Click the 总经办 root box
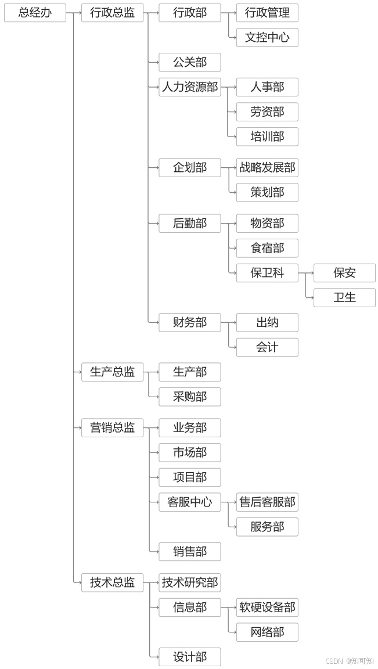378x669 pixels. pyautogui.click(x=35, y=13)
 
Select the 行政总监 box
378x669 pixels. pyautogui.click(x=112, y=13)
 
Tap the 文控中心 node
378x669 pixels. pyautogui.click(x=267, y=38)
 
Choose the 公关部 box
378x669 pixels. pyautogui.click(x=190, y=62)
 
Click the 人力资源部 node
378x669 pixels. pyautogui.click(x=190, y=87)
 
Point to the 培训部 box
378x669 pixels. pyautogui.click(x=267, y=136)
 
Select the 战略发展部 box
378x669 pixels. pyautogui.click(x=267, y=168)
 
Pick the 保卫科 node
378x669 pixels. pyautogui.click(x=267, y=273)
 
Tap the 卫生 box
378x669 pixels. pyautogui.click(x=344, y=297)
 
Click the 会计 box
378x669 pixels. pyautogui.click(x=267, y=347)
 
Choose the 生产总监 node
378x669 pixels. pyautogui.click(x=112, y=372)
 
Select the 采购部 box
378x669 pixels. pyautogui.click(x=190, y=397)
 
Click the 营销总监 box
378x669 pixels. pyautogui.click(x=112, y=428)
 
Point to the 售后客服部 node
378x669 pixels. pyautogui.click(x=267, y=502)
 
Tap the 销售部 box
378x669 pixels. pyautogui.click(x=190, y=552)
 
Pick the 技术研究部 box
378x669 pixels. pyautogui.click(x=190, y=582)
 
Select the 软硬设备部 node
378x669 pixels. pyautogui.click(x=267, y=607)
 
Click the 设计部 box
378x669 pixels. pyautogui.click(x=190, y=657)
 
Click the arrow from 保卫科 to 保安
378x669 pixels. pyautogui.click(x=306, y=273)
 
